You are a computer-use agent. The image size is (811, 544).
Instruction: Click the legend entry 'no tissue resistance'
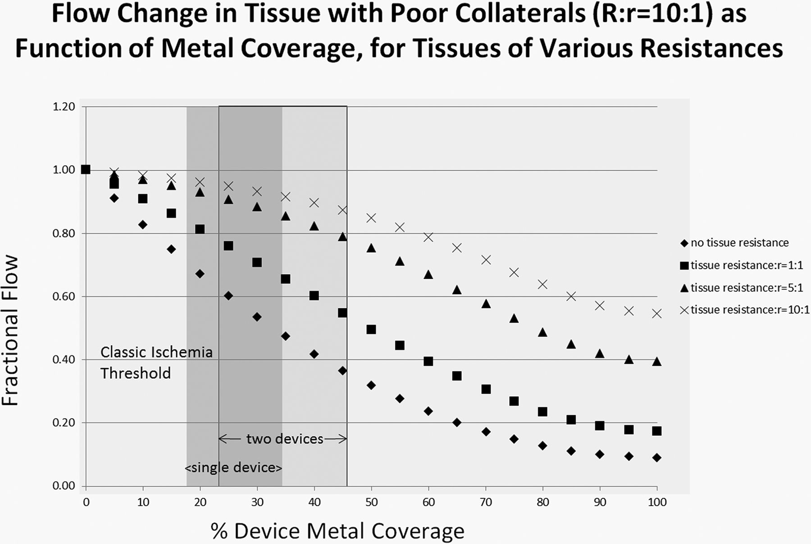[x=739, y=243]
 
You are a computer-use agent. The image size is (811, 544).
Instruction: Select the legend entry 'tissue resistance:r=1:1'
[x=746, y=265]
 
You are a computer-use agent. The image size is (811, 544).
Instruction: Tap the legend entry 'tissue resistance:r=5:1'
[x=746, y=287]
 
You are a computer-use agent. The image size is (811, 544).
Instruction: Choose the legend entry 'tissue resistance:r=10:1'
[x=749, y=310]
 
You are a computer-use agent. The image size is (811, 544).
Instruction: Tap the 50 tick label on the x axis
[x=371, y=502]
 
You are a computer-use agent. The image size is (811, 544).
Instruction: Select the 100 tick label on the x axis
[x=657, y=502]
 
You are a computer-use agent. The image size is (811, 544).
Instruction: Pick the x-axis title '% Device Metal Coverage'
[x=337, y=531]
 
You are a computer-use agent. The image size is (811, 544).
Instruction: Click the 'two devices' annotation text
[x=285, y=439]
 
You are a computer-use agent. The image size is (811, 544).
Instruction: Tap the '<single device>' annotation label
[x=233, y=468]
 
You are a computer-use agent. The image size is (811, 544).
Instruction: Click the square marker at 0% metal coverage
[x=86, y=170]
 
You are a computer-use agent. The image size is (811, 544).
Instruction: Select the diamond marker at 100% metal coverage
[x=656, y=458]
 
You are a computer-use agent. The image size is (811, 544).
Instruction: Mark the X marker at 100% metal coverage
[x=656, y=313]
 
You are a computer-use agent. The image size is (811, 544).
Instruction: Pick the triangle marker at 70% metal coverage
[x=486, y=304]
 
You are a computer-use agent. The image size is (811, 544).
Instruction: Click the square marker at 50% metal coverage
[x=371, y=330]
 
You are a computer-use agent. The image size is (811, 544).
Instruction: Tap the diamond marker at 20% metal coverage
[x=200, y=274]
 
